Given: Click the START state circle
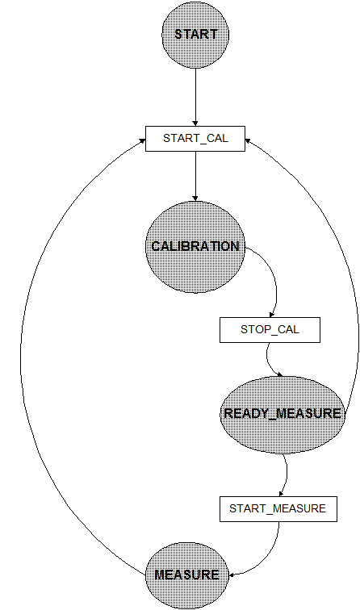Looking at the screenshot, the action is point(195,35).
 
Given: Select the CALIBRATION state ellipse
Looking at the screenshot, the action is point(195,247).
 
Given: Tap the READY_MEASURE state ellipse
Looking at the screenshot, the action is point(283,415).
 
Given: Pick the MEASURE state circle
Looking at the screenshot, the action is point(186,575).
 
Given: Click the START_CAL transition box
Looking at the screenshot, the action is point(195,139).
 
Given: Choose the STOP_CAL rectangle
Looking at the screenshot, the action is point(270,330).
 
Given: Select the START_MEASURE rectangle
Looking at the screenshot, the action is point(278,509).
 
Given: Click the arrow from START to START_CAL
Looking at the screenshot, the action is point(195,98).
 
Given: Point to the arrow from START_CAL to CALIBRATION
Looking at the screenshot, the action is point(195,176).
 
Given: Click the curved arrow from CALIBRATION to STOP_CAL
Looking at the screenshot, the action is point(274,276).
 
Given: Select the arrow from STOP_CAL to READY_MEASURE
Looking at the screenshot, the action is point(269,361).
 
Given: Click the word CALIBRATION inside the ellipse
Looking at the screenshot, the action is point(195,246).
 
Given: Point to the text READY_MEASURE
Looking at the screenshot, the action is point(283,414).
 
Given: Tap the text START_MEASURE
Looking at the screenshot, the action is point(278,509).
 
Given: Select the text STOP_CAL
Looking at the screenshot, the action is point(270,330).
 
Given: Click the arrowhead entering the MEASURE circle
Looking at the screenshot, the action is point(232,574).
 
